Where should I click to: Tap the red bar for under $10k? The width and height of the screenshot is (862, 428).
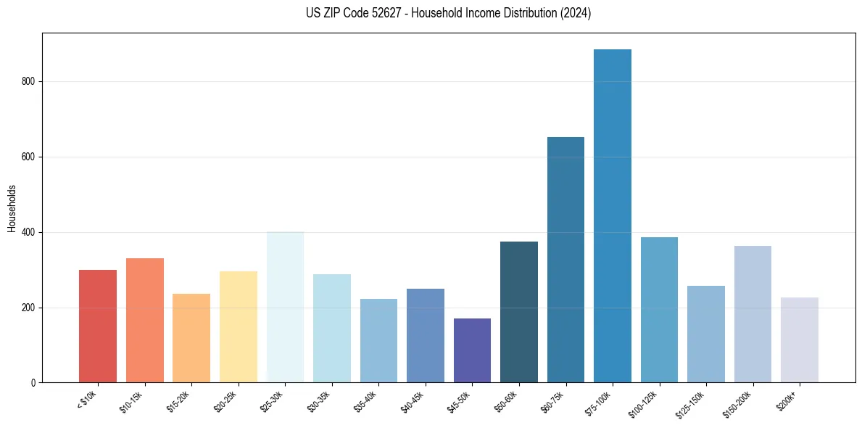click(x=98, y=326)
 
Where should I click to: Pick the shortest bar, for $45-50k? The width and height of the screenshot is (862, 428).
click(x=472, y=350)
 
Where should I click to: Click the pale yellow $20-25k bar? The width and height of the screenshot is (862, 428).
click(x=238, y=327)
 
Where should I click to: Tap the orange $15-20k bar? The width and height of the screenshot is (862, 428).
click(x=191, y=338)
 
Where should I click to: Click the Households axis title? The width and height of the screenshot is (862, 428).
click(x=12, y=207)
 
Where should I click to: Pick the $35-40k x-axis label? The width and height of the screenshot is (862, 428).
click(x=367, y=401)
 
